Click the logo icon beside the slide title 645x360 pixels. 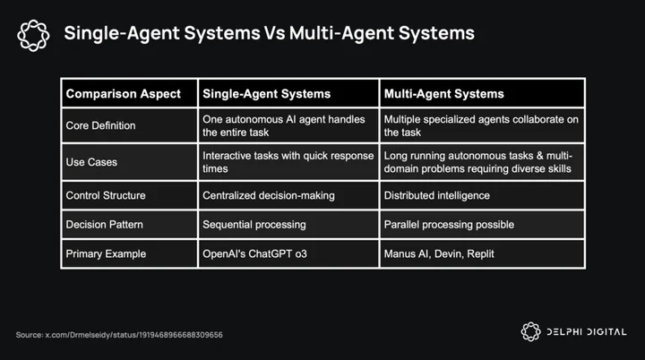pos(33,36)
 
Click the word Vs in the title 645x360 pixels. pos(274,33)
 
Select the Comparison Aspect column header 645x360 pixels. pos(123,94)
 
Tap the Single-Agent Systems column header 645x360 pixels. pos(267,94)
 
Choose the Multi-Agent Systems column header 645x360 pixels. pos(443,94)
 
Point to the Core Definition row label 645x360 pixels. pos(100,125)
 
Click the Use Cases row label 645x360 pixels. pos(91,162)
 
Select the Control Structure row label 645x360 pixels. pos(106,195)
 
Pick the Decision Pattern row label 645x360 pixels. pos(105,225)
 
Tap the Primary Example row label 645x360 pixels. pos(106,253)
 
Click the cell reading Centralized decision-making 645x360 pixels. pos(269,195)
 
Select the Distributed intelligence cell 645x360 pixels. pos(437,195)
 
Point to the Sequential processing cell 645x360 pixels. pos(254,225)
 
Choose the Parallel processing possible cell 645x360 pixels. pos(449,225)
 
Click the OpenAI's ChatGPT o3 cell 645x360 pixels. pos(254,253)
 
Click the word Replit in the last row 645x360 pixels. pos(481,253)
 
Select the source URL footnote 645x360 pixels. pos(119,335)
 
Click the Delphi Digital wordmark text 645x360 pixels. pos(586,332)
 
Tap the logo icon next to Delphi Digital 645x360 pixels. pos(530,331)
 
